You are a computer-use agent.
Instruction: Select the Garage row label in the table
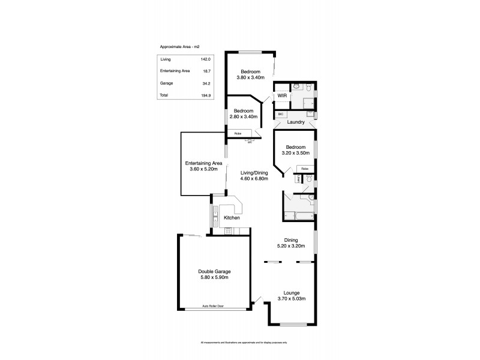(x=167, y=83)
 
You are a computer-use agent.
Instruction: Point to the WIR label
(x=282, y=96)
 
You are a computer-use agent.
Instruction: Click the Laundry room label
(x=296, y=122)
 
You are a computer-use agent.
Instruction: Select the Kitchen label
(x=232, y=218)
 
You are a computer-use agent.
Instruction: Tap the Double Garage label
(x=214, y=271)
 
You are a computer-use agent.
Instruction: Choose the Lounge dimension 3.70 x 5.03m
(x=292, y=298)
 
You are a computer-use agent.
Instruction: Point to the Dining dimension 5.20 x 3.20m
(x=292, y=246)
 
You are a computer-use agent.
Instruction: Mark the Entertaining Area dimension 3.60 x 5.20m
(x=204, y=169)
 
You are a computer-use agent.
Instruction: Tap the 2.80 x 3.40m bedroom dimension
(x=243, y=116)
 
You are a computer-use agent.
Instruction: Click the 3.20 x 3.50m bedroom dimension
(x=296, y=153)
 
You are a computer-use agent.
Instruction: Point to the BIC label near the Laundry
(x=280, y=113)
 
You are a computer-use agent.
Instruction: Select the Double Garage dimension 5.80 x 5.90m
(x=214, y=277)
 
